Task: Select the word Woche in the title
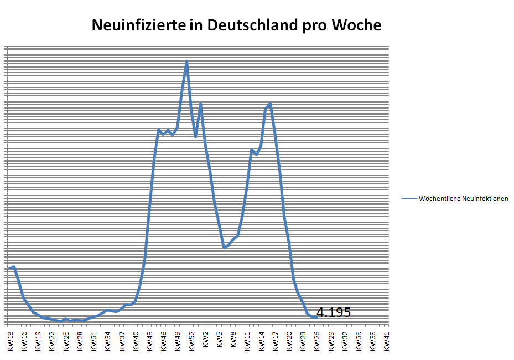(x=356, y=26)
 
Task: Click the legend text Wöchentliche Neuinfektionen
(x=464, y=199)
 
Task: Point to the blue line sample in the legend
(x=409, y=199)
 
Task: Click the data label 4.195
(x=334, y=312)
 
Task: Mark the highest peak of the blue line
(x=186, y=61)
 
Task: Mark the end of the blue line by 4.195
(x=316, y=317)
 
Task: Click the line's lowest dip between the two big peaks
(x=224, y=248)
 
